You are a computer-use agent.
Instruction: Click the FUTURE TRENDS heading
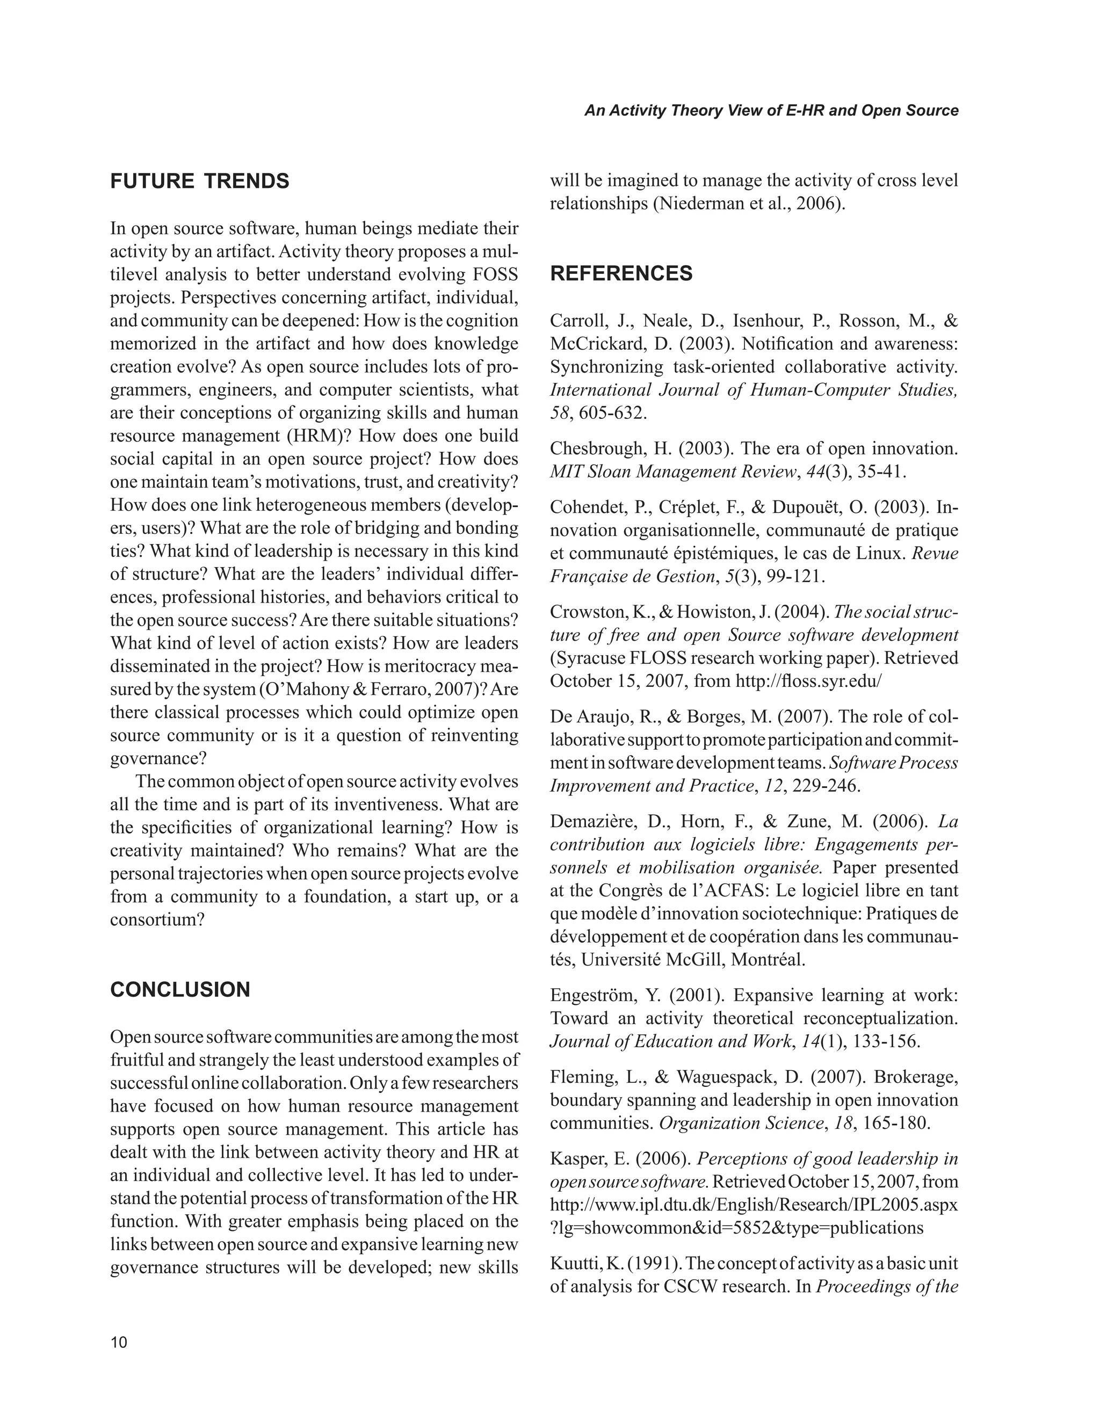tap(199, 182)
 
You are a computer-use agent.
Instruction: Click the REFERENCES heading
tap(621, 274)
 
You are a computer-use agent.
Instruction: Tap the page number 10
tap(119, 1343)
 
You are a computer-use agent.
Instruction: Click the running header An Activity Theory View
tap(770, 111)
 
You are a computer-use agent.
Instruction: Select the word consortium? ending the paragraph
tap(157, 920)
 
